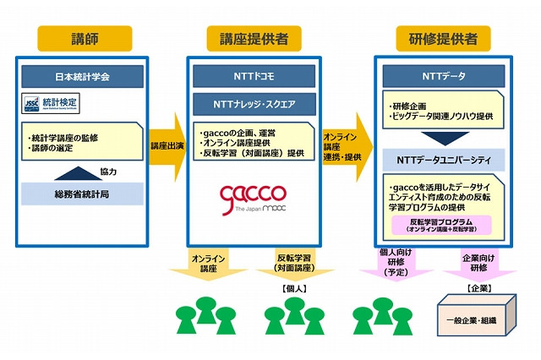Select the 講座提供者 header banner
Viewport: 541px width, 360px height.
pos(251,38)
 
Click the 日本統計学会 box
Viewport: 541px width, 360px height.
pos(82,76)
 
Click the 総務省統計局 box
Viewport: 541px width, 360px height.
pos(82,193)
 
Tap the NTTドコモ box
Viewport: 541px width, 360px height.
pos(251,76)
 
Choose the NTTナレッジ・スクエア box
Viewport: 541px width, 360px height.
pos(251,104)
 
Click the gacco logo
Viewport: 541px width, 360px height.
pos(251,199)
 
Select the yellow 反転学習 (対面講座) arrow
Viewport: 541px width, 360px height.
pos(292,265)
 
